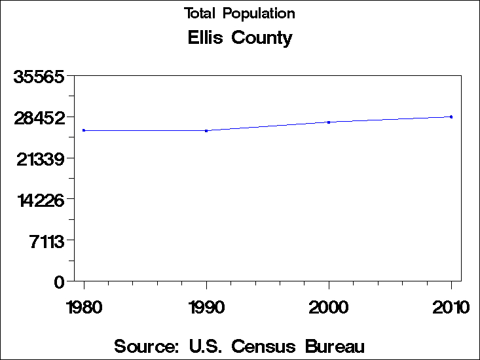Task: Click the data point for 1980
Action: (x=84, y=130)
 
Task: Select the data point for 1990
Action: (x=206, y=131)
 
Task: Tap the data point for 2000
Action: (x=329, y=122)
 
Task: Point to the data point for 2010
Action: (x=451, y=117)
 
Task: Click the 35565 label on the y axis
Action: (x=39, y=77)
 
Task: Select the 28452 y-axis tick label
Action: (x=39, y=118)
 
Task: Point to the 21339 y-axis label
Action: (x=39, y=159)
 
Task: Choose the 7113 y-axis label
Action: (x=45, y=241)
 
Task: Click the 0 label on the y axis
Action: (x=59, y=282)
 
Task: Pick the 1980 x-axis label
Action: (x=84, y=308)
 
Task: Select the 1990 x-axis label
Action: (x=206, y=308)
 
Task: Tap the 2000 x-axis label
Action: (x=329, y=308)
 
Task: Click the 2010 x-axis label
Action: (x=451, y=308)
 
